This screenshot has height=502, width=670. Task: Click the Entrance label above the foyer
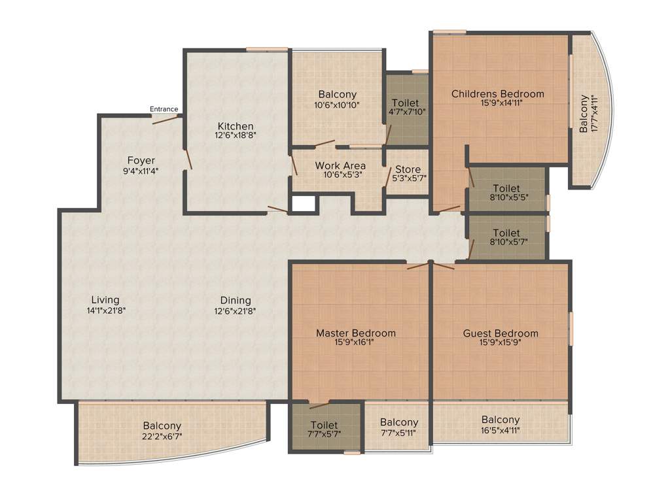(164, 109)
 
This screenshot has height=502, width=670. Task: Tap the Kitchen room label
(236, 126)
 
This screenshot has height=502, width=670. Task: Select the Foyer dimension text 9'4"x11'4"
(141, 171)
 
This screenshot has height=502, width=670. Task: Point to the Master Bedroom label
(356, 333)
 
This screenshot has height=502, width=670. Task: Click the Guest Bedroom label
(501, 333)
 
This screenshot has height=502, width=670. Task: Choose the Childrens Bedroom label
(497, 93)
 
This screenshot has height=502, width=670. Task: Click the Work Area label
(340, 166)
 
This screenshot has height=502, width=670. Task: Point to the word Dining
(236, 300)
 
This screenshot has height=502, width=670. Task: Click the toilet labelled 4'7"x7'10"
(406, 107)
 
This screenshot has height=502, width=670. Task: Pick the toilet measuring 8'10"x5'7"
(506, 237)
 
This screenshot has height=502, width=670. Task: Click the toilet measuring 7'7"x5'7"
(325, 429)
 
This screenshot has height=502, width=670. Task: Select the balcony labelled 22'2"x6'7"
(162, 431)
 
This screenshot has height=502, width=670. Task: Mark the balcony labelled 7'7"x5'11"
(398, 427)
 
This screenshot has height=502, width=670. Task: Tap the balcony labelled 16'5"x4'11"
(501, 424)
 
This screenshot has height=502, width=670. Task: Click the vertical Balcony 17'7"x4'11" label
(588, 114)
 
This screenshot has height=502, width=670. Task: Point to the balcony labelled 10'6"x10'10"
(337, 99)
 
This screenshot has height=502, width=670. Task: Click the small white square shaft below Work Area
(303, 203)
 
